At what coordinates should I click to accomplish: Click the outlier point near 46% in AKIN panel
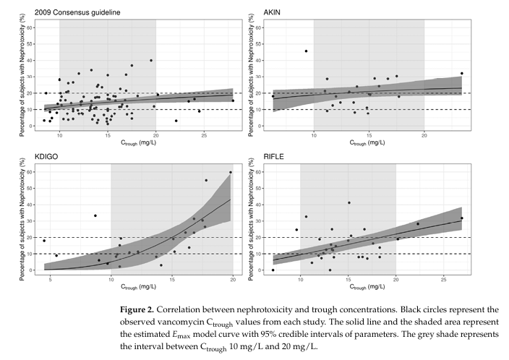pyautogui.click(x=306, y=51)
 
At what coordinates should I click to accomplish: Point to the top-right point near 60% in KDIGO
pyautogui.click(x=231, y=172)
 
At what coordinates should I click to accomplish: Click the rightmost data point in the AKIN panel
pyautogui.click(x=461, y=73)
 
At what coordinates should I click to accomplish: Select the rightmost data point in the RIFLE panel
pyautogui.click(x=461, y=218)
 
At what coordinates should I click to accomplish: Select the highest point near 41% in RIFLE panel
pyautogui.click(x=349, y=203)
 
